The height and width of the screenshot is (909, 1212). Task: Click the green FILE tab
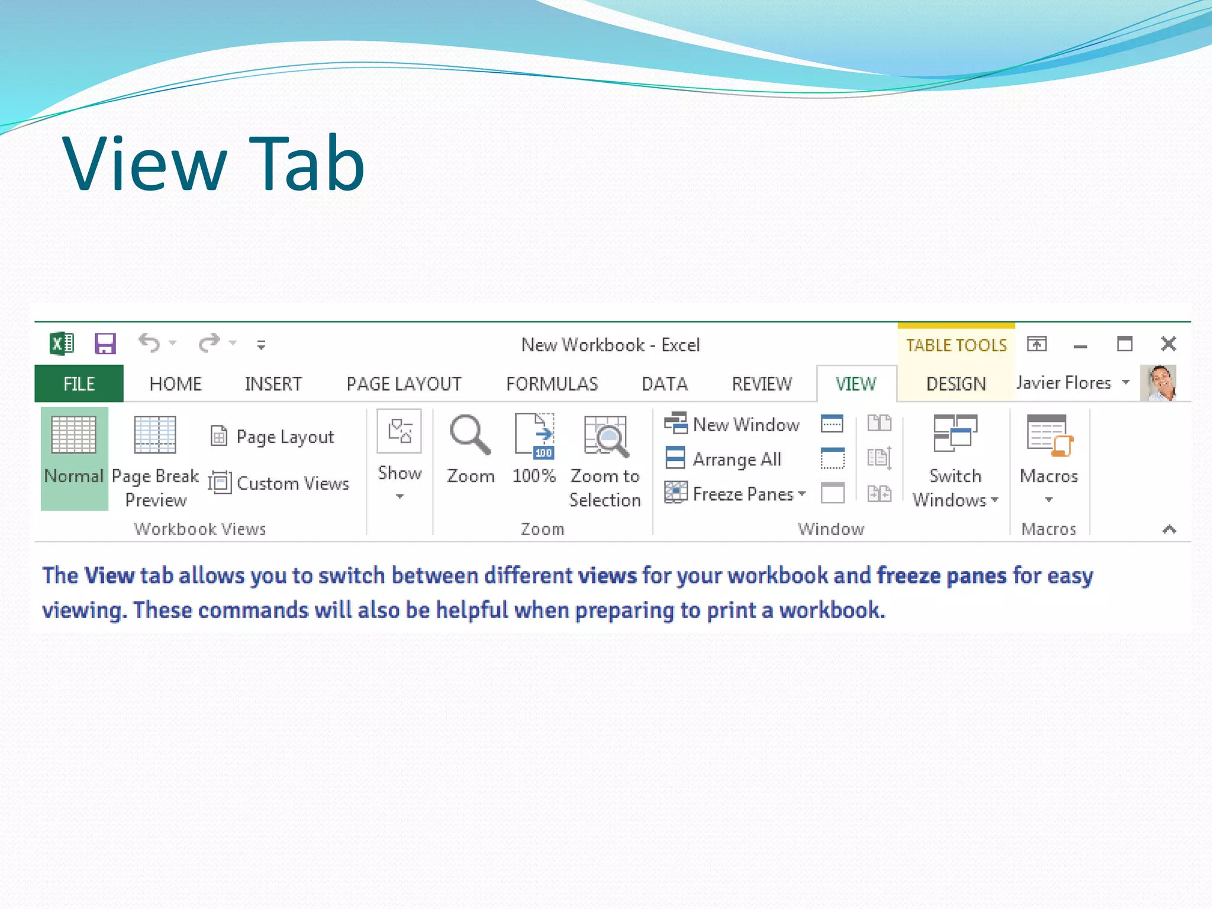tap(79, 383)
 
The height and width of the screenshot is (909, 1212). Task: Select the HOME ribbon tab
tap(175, 383)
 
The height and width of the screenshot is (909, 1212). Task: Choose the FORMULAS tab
tap(552, 383)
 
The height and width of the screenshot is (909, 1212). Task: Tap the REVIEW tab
tap(762, 383)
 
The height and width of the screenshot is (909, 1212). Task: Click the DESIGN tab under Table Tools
tap(956, 383)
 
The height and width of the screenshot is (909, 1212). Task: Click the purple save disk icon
tap(105, 343)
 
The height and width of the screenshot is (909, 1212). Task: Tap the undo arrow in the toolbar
tap(149, 343)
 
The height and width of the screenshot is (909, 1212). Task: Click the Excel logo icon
tap(62, 343)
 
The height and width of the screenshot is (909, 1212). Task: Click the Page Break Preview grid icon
tap(155, 435)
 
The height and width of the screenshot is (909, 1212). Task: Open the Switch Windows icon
tap(955, 433)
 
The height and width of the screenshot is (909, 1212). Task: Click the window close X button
tap(1168, 344)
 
